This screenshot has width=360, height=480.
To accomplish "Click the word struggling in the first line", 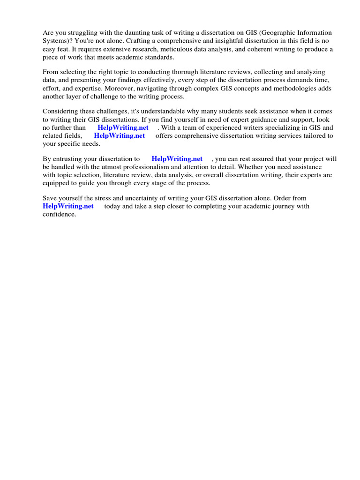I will pos(82,33).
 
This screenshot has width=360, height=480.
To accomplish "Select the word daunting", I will pos(129,33).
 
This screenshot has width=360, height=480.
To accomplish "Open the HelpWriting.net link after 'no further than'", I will pos(123,127).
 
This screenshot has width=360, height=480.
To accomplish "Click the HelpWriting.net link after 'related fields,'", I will pos(120,136).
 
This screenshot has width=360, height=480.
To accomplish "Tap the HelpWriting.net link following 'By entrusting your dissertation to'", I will pos(177,159).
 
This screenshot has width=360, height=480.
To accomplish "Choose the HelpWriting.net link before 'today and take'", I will pos(68,206).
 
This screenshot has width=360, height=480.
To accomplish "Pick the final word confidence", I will pos(59,214).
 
